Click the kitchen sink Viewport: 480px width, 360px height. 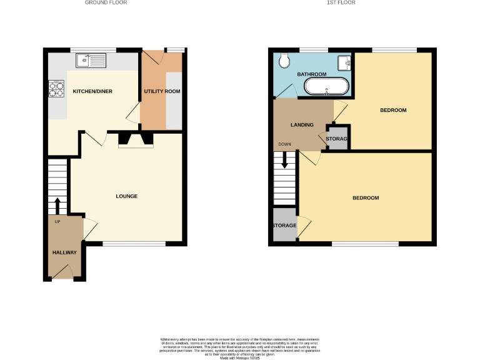91,61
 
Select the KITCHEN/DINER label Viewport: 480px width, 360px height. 92,92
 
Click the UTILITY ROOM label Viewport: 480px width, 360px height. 162,92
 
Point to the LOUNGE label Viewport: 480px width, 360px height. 127,196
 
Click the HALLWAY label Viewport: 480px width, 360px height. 64,252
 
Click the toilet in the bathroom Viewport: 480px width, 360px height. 284,60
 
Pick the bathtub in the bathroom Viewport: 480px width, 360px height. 326,86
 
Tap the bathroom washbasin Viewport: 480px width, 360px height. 345,62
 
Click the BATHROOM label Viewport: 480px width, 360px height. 312,74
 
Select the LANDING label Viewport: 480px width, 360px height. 302,125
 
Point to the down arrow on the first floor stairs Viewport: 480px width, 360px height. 285,159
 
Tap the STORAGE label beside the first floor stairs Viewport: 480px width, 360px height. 284,225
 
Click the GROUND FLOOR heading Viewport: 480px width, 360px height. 106,3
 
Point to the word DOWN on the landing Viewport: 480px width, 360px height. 284,144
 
